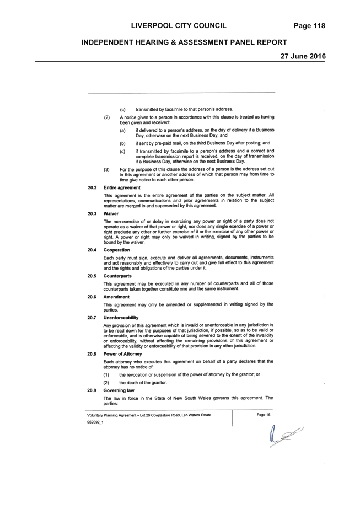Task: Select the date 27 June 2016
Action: click(303, 56)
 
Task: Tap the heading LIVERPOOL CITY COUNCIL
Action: click(179, 26)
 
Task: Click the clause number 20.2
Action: click(92, 187)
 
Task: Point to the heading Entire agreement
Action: click(122, 187)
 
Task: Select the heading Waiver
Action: click(111, 213)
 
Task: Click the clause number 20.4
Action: click(92, 250)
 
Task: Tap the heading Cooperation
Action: click(116, 250)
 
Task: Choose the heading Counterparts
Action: click(117, 276)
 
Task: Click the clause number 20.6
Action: click(92, 297)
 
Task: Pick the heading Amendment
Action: click(116, 297)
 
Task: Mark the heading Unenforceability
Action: click(121, 318)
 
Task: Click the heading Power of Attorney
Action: click(123, 354)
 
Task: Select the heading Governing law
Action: click(119, 390)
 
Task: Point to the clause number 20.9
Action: click(92, 390)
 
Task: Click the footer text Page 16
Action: click(264, 415)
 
